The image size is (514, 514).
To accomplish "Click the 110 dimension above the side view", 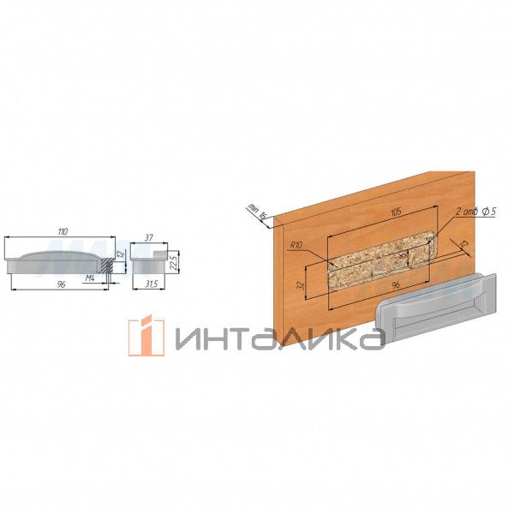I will point(62,231).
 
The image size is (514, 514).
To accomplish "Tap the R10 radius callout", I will point(297,246).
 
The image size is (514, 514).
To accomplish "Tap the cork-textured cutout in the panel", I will point(377,260).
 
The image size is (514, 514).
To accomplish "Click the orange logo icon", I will point(146,335).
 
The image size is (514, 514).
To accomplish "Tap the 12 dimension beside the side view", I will point(121,254).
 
